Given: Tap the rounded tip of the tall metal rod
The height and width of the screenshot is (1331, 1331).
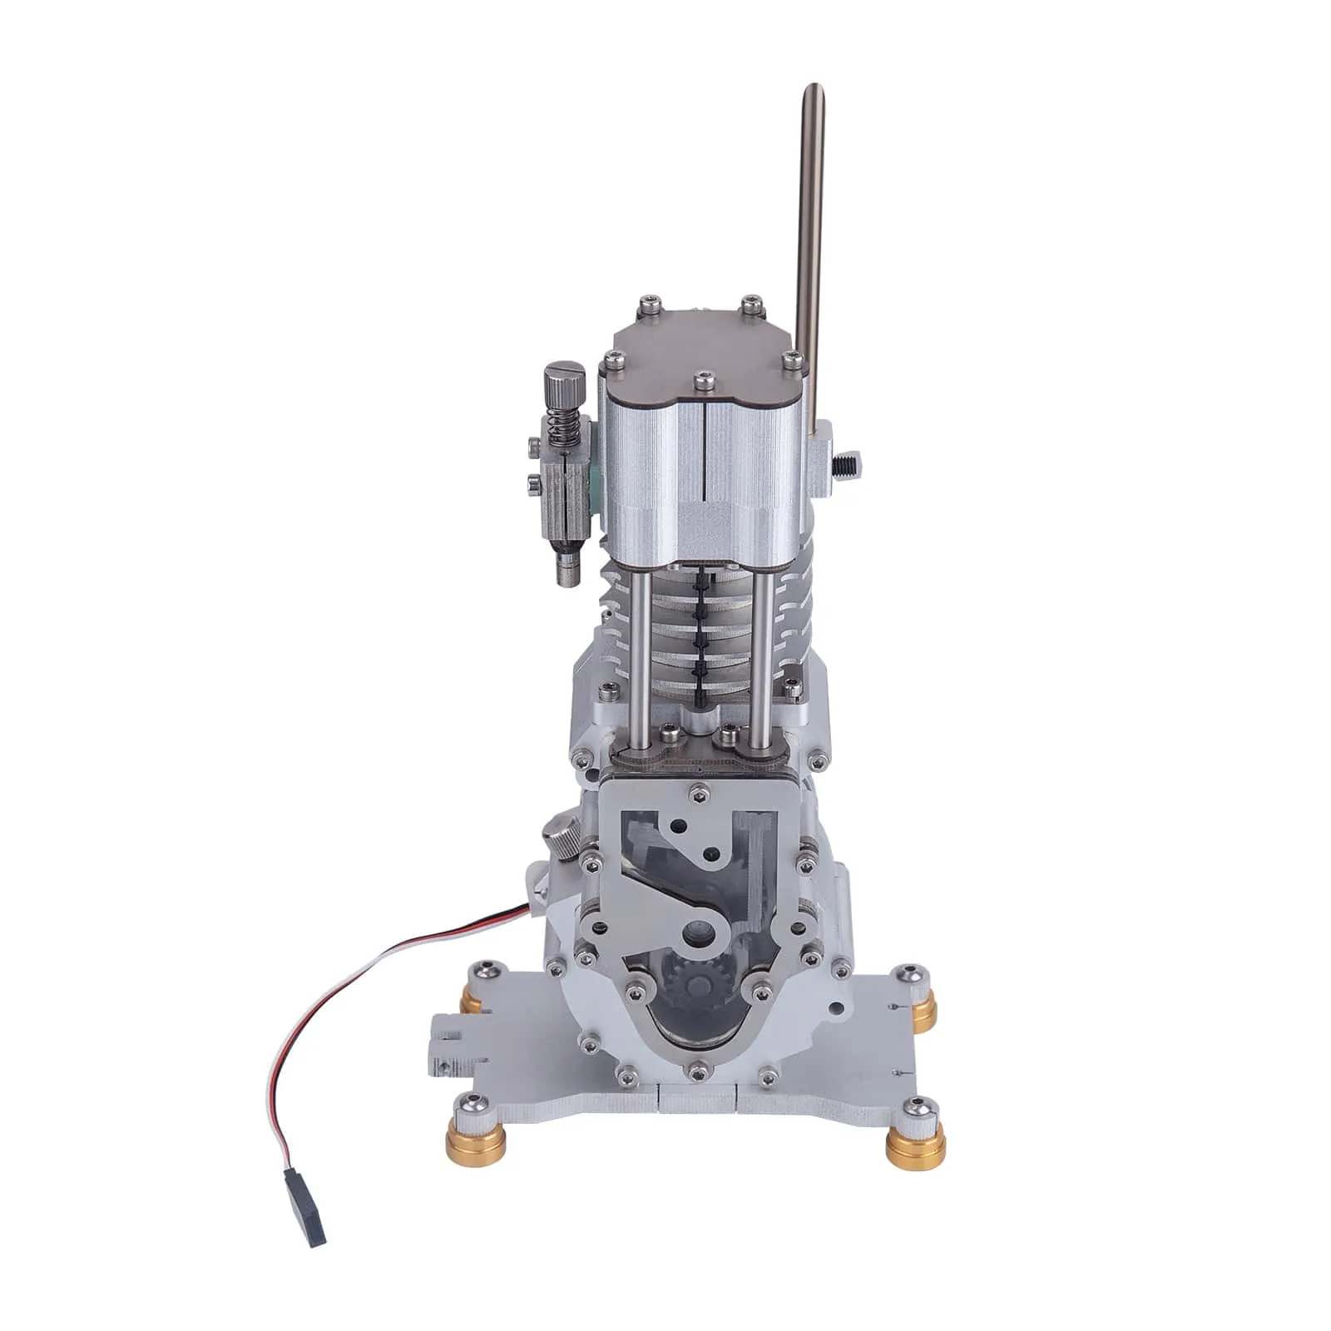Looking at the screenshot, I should coord(816,90).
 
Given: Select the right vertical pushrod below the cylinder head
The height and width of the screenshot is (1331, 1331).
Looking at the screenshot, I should coord(760,649).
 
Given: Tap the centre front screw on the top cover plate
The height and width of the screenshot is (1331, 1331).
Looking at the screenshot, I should coord(704,379).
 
